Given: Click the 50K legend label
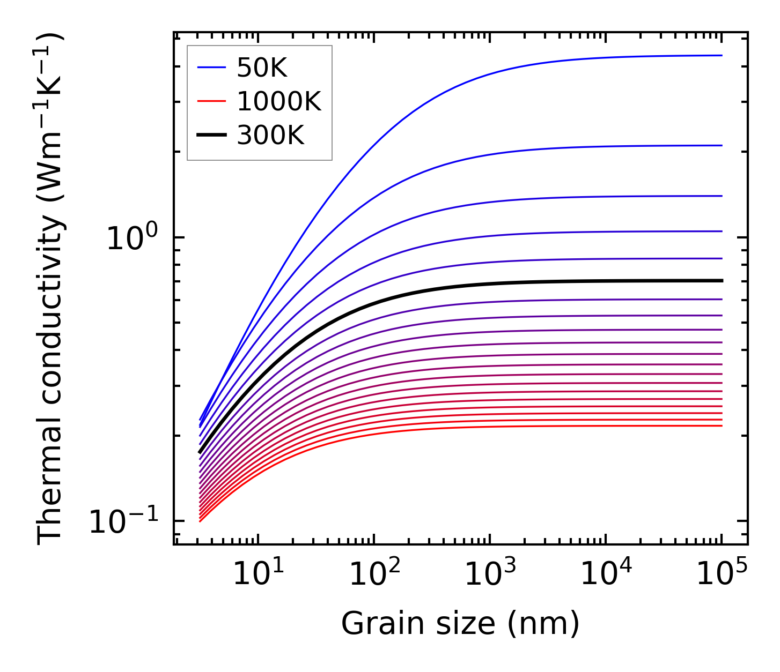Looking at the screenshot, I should click(262, 68).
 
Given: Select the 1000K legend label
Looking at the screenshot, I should click(278, 102).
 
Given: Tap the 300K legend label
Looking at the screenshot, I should click(270, 136).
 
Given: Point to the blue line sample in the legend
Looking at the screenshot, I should click(212, 68).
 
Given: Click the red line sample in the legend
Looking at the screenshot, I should click(212, 102).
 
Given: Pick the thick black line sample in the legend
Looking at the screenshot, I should click(212, 136).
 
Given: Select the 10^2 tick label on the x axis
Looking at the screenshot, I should click(374, 576).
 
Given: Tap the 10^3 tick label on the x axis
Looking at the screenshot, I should click(490, 576).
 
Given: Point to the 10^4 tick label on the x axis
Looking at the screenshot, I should click(606, 576).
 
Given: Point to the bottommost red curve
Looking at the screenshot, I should click(429, 428).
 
